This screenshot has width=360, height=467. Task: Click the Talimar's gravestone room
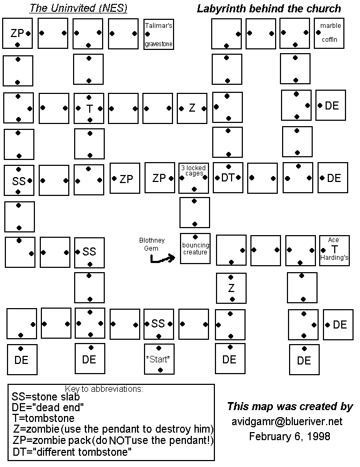tap(159, 34)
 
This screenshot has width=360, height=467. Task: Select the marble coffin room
tap(329, 33)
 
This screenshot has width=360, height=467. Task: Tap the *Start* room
tap(159, 359)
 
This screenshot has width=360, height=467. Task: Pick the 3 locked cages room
tap(194, 178)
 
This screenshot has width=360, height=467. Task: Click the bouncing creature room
tap(195, 249)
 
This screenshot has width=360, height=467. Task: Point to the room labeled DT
tap(228, 178)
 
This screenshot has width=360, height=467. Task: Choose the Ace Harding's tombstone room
tap(334, 250)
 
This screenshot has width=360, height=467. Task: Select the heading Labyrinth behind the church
tap(269, 9)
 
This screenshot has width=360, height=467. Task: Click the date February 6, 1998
tap(290, 436)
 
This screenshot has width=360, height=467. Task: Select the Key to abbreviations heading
tap(104, 389)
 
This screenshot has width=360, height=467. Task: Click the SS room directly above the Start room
tap(159, 324)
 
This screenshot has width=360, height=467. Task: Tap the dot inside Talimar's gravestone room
tap(147, 34)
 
